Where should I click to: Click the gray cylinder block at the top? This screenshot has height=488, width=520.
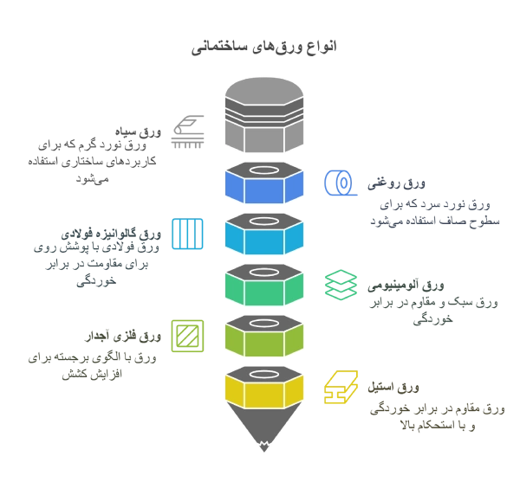click(263, 115)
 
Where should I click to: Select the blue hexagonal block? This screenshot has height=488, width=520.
click(263, 181)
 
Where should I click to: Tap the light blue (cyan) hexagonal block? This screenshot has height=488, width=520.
click(263, 232)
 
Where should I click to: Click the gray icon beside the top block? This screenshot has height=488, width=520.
click(187, 131)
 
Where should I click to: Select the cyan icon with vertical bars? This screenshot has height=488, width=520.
click(187, 234)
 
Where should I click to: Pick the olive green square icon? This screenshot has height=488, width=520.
click(186, 335)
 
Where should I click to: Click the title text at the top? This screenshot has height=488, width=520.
click(262, 47)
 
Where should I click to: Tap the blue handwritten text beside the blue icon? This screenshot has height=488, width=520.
click(433, 206)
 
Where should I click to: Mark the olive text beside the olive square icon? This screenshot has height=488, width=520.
click(95, 352)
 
